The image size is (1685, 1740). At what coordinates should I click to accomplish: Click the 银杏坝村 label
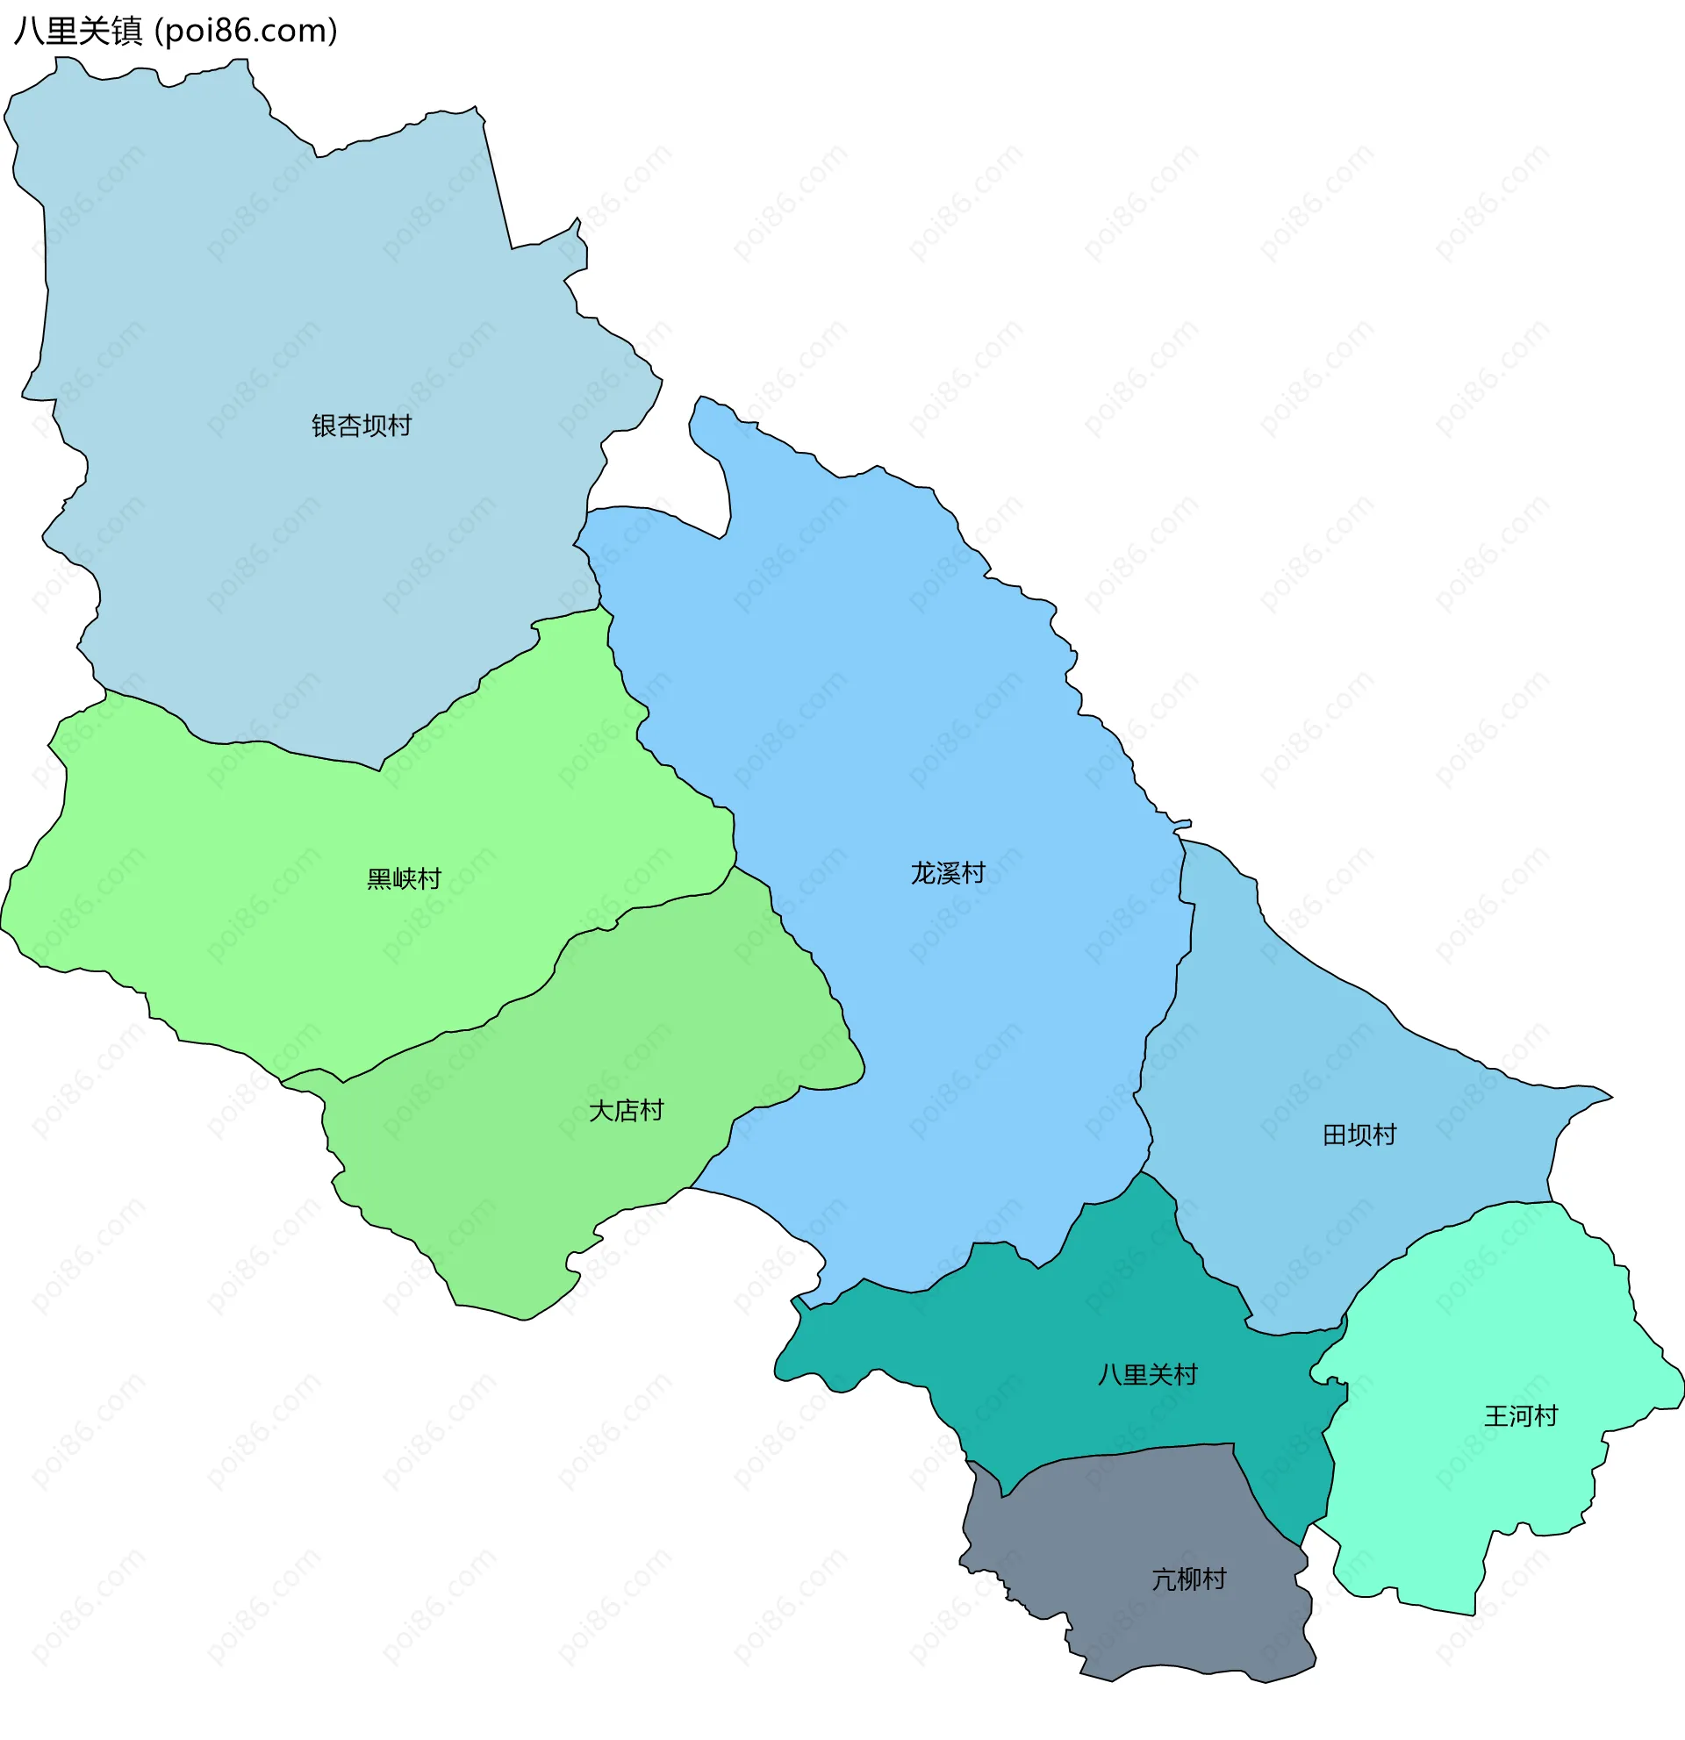pos(362,426)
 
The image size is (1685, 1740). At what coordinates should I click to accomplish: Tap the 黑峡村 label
pos(404,879)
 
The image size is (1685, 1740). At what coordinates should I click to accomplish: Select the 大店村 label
pos(626,1111)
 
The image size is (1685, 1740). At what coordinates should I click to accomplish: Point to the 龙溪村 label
pos(947,874)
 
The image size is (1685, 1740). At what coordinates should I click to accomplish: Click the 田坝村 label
pos(1359,1135)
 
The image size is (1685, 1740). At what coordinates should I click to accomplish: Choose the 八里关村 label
pos(1147,1375)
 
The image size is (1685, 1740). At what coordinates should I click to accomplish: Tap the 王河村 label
pos(1521,1416)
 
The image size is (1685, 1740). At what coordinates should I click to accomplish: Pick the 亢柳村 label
pos(1189,1579)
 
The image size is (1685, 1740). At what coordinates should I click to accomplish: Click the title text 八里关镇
pos(78,31)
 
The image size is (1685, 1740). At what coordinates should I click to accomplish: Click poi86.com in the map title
pos(246,31)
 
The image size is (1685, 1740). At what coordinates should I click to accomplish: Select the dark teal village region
pos(1065,1332)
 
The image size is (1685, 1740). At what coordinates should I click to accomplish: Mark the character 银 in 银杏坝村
pos(324,426)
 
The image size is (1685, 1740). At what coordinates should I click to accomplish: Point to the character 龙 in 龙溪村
pos(922,874)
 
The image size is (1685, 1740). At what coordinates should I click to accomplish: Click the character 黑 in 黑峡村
pos(379,879)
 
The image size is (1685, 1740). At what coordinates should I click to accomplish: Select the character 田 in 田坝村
pos(1334,1135)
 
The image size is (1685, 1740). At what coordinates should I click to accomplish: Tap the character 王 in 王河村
pos(1496,1416)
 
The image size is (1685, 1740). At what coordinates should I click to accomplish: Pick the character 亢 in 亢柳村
pos(1164,1579)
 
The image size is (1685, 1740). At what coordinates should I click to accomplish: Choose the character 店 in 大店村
pos(626,1111)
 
